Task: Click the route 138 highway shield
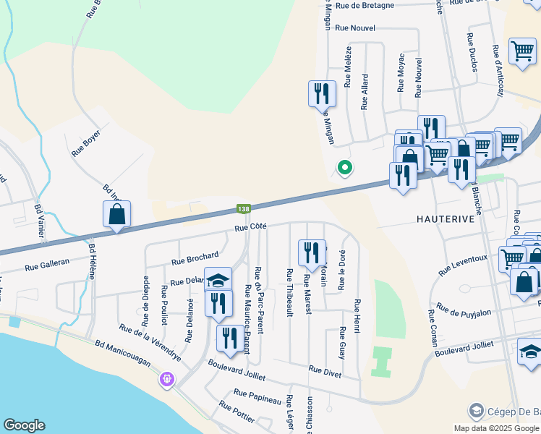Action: click(244, 209)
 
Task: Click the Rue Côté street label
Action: click(250, 226)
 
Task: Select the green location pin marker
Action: click(345, 168)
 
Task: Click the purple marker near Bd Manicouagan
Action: click(167, 378)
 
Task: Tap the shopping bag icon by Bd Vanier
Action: click(116, 214)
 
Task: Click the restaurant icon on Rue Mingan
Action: click(322, 94)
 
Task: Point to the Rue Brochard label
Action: click(195, 258)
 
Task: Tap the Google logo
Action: click(24, 425)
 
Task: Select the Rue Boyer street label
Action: click(85, 144)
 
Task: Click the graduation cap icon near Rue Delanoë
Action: click(218, 280)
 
